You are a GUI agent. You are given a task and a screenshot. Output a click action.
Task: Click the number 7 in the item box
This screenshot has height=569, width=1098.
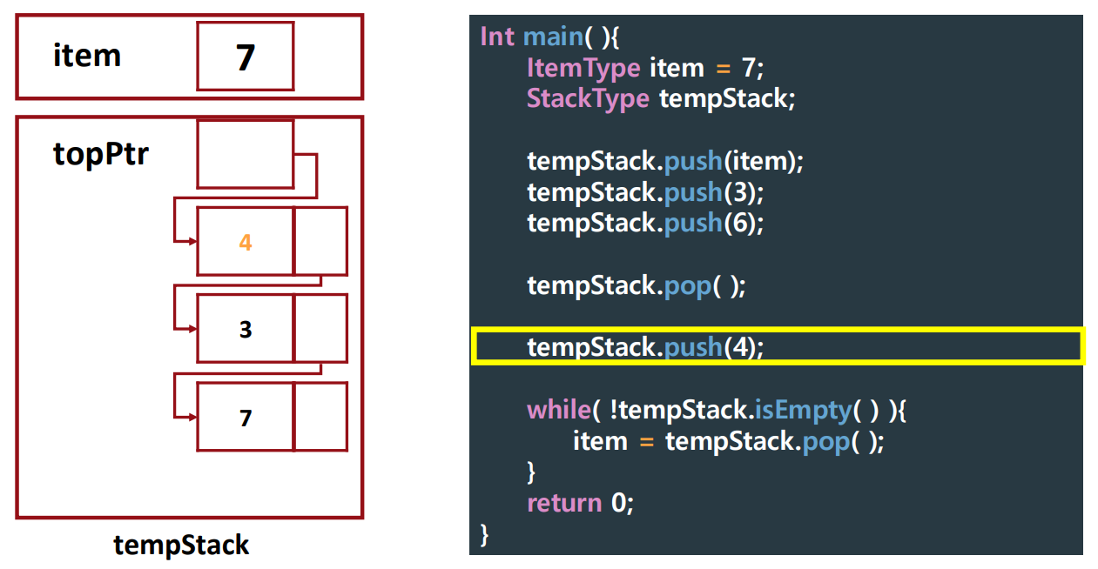(x=246, y=57)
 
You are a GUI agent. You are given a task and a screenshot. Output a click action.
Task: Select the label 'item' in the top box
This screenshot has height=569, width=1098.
(x=87, y=56)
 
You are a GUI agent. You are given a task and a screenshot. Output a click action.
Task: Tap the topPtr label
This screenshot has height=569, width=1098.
(x=101, y=154)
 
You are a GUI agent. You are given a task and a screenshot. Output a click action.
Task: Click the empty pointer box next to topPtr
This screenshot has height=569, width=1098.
(x=245, y=154)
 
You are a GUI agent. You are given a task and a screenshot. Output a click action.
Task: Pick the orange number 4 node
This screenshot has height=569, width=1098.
(x=246, y=242)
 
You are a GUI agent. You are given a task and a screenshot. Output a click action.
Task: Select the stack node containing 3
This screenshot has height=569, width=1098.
(x=246, y=329)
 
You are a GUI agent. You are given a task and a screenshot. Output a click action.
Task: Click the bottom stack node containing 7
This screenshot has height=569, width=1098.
(x=246, y=418)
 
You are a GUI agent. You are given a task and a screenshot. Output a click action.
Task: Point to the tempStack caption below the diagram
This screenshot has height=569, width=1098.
(x=181, y=546)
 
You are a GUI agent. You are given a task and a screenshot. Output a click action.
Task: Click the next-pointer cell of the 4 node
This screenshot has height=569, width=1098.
(x=320, y=241)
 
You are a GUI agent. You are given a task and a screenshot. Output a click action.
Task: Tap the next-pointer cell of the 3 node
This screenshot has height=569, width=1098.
(x=320, y=328)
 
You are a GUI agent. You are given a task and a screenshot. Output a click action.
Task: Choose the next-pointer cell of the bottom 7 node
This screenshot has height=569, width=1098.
(x=320, y=417)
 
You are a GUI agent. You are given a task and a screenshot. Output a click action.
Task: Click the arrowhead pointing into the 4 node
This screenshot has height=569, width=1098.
(x=191, y=242)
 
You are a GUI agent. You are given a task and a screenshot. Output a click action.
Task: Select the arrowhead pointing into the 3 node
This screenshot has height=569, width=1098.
(x=191, y=329)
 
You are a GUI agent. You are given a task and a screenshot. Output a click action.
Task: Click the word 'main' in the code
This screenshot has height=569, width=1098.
(x=552, y=37)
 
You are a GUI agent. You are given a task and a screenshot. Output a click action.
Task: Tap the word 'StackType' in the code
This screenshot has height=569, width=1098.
(x=588, y=98)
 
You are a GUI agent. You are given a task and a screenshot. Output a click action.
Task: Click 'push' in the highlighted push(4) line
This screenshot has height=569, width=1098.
(x=693, y=347)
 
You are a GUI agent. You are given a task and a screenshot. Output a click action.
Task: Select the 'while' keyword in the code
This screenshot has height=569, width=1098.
(x=558, y=410)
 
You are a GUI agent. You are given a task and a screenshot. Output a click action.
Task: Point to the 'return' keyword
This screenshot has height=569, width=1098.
(x=564, y=503)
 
